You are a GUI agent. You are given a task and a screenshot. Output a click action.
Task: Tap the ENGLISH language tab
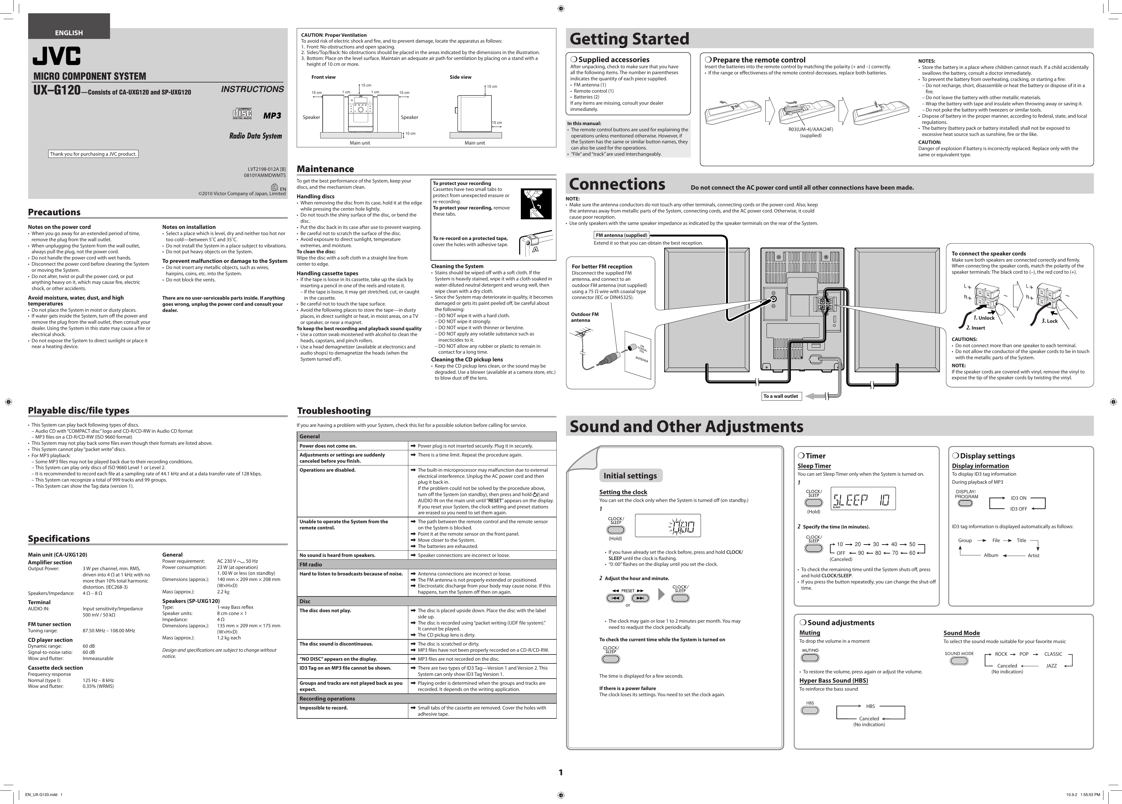coord(69,33)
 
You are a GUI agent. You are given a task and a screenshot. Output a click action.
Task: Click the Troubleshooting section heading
coord(334,411)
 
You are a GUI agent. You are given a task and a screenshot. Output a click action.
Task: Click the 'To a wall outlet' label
coord(781,396)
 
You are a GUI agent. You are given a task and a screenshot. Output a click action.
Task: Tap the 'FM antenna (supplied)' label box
coord(621,235)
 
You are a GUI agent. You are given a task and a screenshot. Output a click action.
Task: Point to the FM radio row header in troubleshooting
coord(311,564)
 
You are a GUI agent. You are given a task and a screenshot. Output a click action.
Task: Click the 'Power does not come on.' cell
coord(328,445)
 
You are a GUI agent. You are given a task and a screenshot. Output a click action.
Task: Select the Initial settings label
coord(630,476)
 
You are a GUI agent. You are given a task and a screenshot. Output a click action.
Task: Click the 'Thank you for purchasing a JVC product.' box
coord(93,154)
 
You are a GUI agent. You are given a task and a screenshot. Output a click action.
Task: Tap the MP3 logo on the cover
coord(272,116)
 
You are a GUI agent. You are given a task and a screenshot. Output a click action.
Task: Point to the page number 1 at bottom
coord(560,772)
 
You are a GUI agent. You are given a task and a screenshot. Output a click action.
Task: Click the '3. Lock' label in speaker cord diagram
coord(1049,321)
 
